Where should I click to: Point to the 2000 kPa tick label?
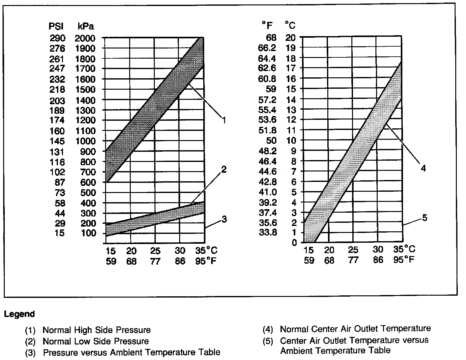(x=85, y=38)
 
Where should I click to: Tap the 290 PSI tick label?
(x=57, y=38)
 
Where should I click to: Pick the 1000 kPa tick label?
(x=85, y=141)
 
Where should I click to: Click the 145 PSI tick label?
(x=57, y=141)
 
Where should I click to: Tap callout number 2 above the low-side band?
(x=224, y=170)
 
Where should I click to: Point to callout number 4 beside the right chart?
(x=423, y=168)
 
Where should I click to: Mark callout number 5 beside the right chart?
(x=425, y=218)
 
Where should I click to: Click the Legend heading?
(x=19, y=314)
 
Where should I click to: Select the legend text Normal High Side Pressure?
(x=97, y=330)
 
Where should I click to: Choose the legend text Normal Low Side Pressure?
(x=96, y=341)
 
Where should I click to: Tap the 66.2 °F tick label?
(x=267, y=48)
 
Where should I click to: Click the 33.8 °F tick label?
(x=268, y=233)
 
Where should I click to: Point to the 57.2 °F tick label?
(x=267, y=100)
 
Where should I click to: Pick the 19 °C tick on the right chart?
(x=291, y=48)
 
